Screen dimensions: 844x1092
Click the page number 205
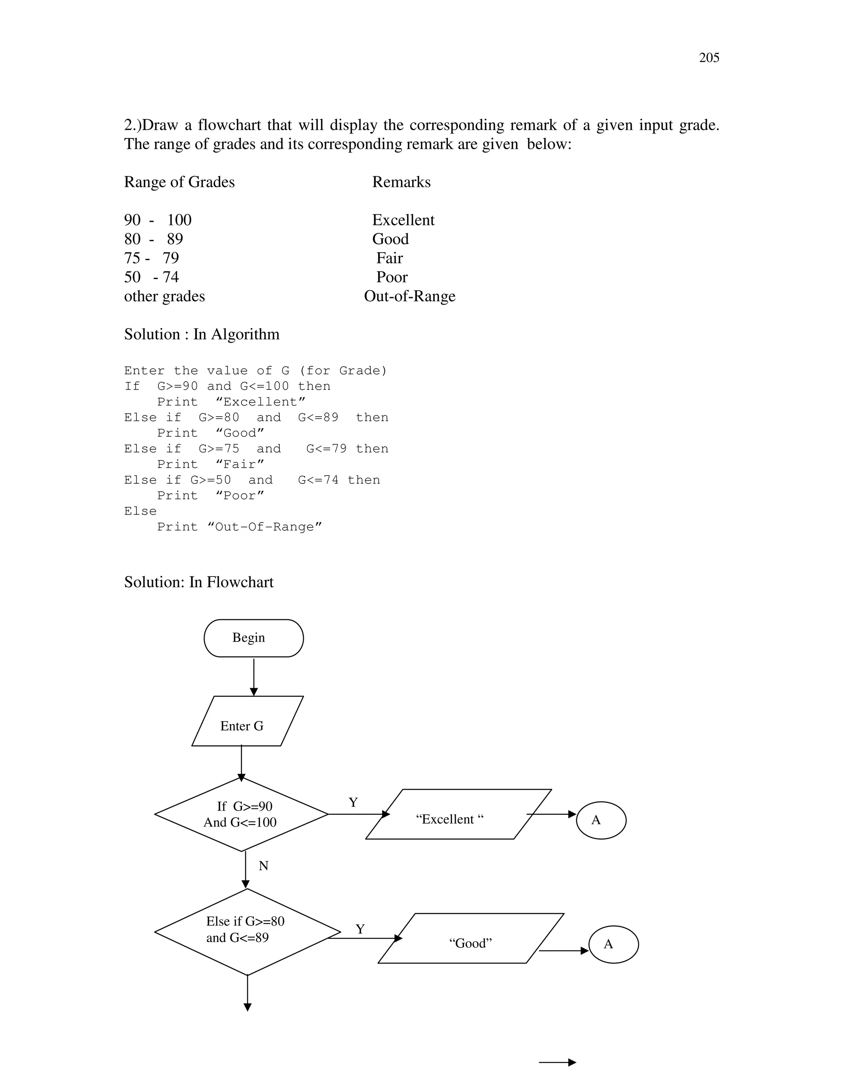click(708, 58)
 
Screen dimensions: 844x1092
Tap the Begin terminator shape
click(253, 638)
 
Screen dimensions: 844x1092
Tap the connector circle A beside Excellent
click(601, 820)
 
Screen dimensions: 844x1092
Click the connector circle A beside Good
click(614, 944)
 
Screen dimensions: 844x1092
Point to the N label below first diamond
click(263, 866)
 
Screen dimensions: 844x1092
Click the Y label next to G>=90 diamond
click(353, 802)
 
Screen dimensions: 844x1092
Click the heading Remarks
click(401, 182)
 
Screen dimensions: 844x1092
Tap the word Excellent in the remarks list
click(403, 220)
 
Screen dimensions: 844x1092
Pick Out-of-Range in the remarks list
click(410, 296)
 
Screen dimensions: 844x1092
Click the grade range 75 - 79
click(151, 258)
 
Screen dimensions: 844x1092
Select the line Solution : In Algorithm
click(202, 334)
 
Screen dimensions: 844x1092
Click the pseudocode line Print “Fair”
click(210, 464)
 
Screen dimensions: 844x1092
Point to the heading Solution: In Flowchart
click(199, 582)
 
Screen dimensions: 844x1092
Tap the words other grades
click(164, 296)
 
